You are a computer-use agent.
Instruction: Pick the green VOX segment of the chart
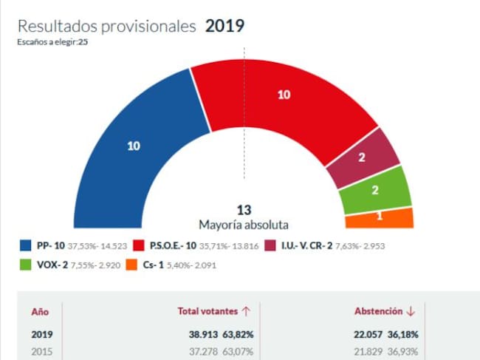point(375,189)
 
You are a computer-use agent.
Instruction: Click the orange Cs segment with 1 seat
point(380,217)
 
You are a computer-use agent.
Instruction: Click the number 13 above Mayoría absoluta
point(244,210)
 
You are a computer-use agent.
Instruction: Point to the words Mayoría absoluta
point(244,224)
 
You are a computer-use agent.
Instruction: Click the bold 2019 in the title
point(224,26)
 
